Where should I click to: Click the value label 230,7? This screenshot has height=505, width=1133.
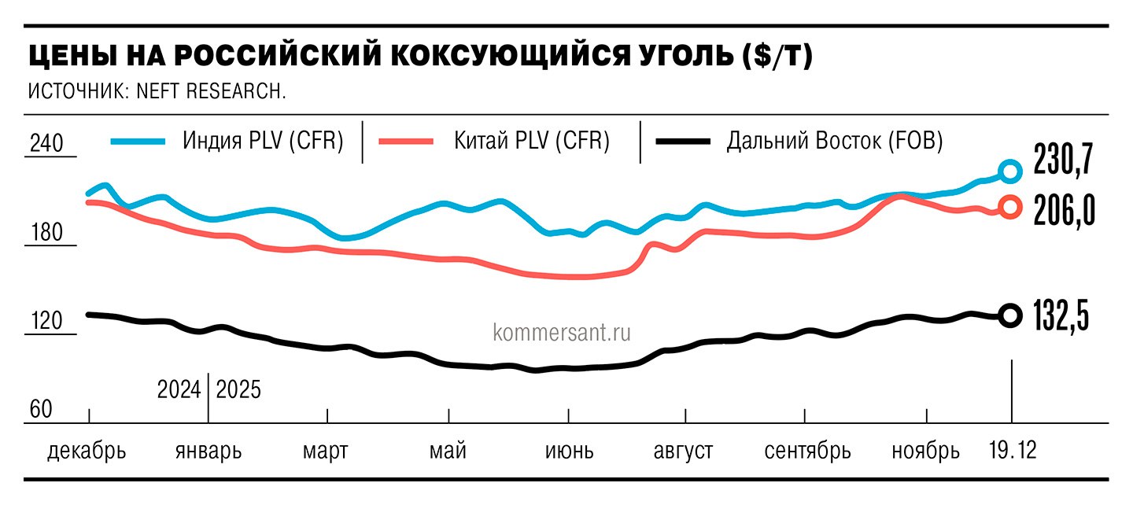1063,160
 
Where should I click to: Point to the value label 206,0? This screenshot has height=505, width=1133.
1063,210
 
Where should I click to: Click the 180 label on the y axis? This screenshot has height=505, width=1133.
45,233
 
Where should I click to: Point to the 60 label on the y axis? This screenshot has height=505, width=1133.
41,410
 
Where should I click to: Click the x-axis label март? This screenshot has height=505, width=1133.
326,452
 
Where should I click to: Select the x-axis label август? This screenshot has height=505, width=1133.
684,452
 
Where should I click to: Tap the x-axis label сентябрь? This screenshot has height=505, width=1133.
808,452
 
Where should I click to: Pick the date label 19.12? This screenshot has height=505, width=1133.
1013,452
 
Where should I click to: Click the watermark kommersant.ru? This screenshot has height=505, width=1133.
562,333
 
